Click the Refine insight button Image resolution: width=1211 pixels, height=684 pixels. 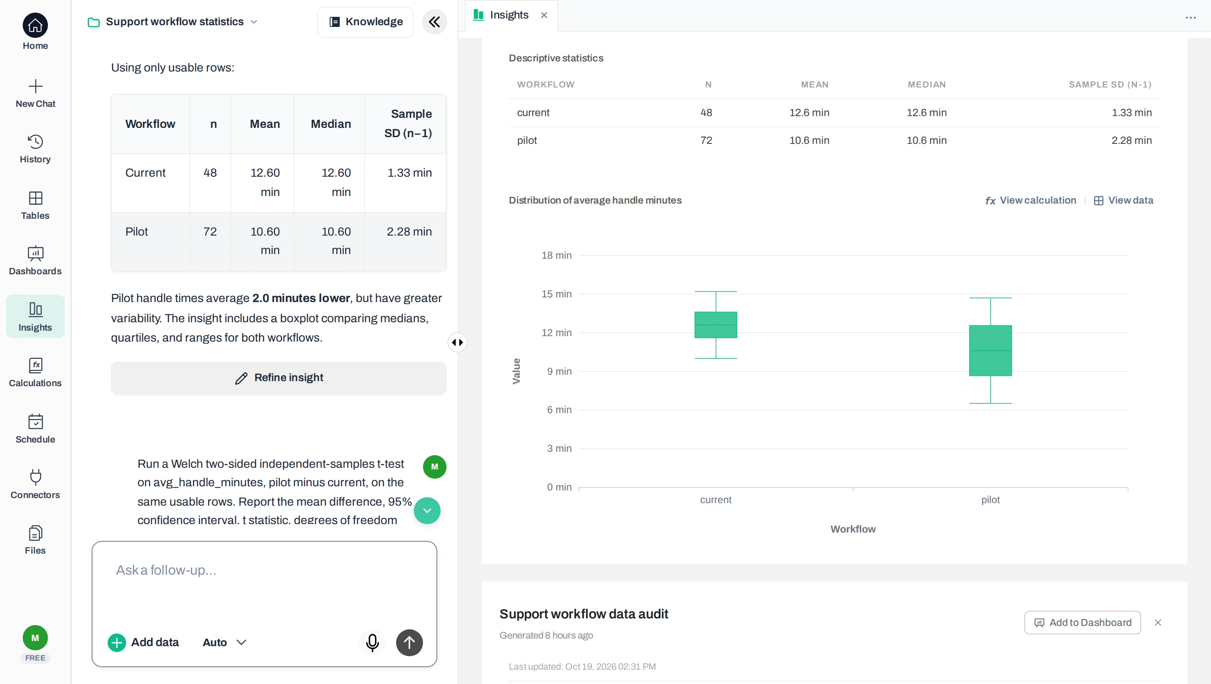coord(279,378)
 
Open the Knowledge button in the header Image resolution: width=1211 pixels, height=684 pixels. coord(365,21)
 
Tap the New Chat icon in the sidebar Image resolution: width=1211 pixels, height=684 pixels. coord(35,86)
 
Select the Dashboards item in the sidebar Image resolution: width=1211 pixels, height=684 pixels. coord(35,261)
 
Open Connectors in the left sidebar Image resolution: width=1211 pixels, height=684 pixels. coord(35,484)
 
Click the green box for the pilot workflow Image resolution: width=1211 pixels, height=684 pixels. coord(990,350)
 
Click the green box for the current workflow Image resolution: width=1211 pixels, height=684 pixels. coord(716,325)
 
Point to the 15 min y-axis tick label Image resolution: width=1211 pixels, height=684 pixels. coord(556,294)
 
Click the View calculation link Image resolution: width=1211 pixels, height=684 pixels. coord(1031,200)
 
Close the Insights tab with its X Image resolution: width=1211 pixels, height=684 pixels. coord(544,15)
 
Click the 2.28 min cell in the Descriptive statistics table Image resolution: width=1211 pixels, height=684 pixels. coord(1131,140)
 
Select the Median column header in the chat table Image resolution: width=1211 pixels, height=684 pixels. coord(331,124)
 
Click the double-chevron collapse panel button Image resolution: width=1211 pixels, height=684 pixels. coord(434,21)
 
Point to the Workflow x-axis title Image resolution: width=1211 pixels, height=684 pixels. coord(853,529)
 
